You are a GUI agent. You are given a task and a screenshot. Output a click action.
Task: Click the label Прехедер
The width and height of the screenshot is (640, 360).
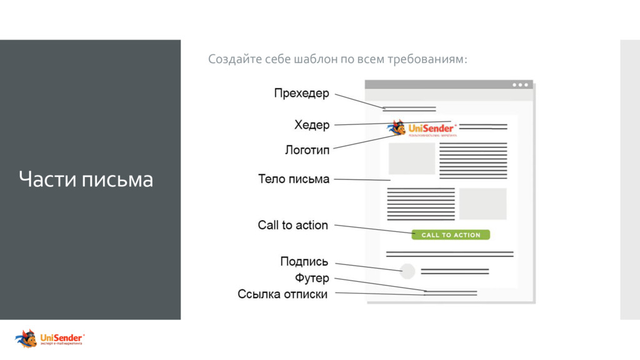(x=301, y=94)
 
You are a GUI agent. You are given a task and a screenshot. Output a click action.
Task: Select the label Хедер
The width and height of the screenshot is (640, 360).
(x=312, y=125)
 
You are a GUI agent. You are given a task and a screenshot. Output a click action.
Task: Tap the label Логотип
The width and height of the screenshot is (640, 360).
(x=307, y=150)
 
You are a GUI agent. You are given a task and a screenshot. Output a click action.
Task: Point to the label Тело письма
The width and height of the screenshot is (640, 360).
(x=294, y=179)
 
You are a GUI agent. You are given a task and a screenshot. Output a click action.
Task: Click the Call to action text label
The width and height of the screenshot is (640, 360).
(x=292, y=225)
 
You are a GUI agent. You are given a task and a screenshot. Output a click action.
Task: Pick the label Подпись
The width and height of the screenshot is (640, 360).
(x=304, y=262)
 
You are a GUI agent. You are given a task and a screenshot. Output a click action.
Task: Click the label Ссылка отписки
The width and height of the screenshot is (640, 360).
(x=282, y=294)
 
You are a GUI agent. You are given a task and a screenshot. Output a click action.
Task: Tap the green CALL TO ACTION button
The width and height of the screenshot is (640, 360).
(x=451, y=235)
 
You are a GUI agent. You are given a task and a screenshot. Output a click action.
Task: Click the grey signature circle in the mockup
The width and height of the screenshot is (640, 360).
(x=407, y=271)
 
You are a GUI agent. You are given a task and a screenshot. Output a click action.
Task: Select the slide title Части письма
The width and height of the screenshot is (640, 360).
(x=86, y=180)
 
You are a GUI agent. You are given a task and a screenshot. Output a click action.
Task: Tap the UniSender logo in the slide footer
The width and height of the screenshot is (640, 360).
(x=50, y=339)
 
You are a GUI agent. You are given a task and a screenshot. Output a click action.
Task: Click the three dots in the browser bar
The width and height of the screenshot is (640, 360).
(x=520, y=85)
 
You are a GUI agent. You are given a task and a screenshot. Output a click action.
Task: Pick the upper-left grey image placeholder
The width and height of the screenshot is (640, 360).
(x=412, y=159)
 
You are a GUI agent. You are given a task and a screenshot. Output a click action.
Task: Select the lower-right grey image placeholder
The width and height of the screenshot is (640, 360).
(x=482, y=204)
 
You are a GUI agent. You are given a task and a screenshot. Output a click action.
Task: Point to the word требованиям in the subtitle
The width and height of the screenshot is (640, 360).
(x=427, y=59)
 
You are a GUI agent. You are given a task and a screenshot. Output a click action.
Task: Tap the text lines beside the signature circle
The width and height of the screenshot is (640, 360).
(x=454, y=271)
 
